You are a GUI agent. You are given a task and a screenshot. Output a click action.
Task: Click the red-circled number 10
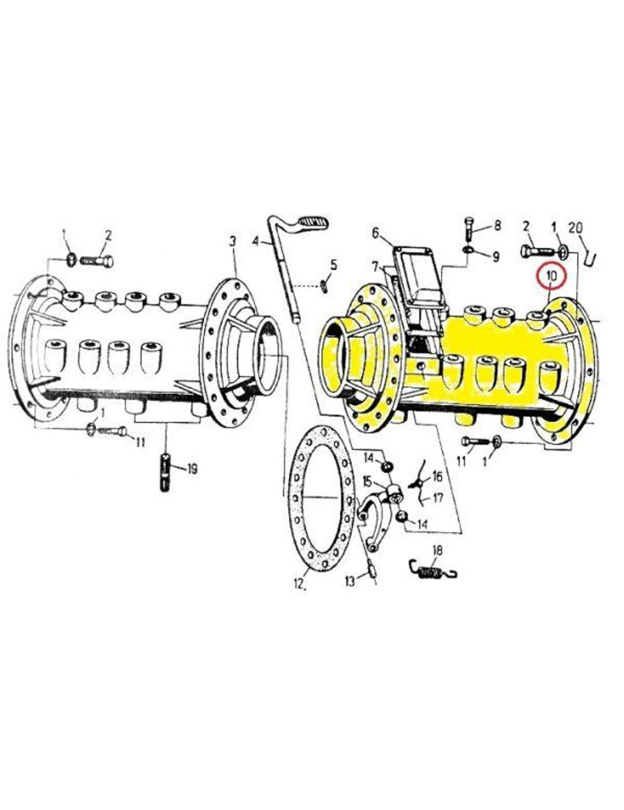click(x=551, y=276)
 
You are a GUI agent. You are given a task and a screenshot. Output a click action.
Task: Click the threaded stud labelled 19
click(x=165, y=472)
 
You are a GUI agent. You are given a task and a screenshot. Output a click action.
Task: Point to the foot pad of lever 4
click(x=312, y=224)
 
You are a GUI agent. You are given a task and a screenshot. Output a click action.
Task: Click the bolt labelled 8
click(x=469, y=228)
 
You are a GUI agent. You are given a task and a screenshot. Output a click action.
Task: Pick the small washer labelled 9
click(x=469, y=249)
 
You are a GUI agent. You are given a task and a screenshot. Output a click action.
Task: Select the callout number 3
click(x=233, y=241)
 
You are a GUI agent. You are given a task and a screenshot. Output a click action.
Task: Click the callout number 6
click(x=376, y=233)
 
